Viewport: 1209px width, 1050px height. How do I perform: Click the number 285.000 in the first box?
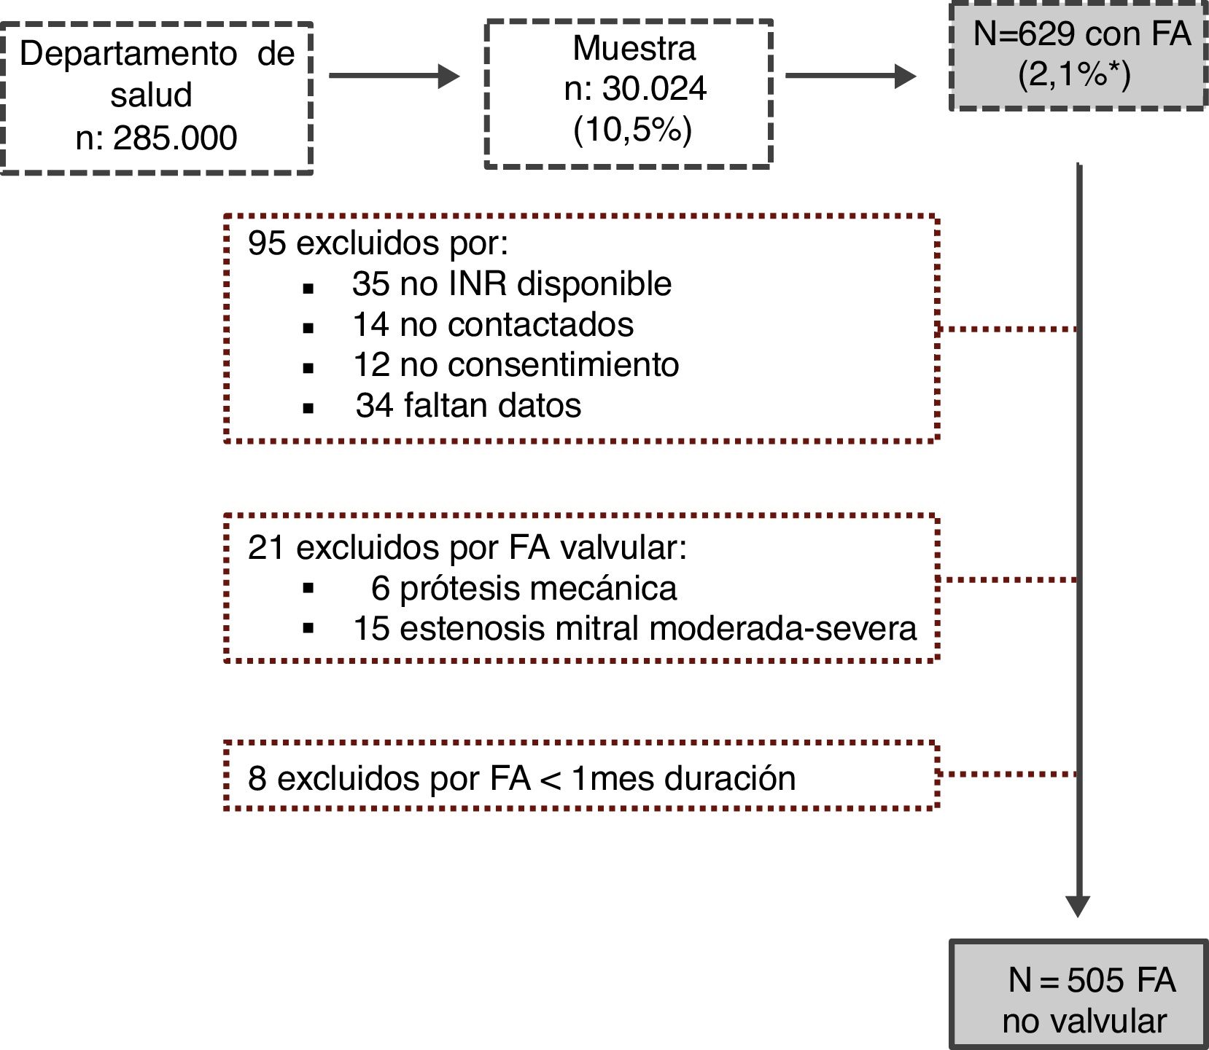(175, 138)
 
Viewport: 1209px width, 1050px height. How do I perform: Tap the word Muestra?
(634, 49)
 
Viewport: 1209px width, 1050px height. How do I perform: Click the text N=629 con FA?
(1081, 34)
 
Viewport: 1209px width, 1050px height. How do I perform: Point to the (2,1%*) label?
(1074, 74)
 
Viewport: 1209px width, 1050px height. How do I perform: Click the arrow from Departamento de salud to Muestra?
(394, 76)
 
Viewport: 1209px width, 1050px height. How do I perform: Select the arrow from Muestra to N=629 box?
(850, 76)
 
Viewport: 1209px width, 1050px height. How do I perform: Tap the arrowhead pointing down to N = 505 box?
(1078, 906)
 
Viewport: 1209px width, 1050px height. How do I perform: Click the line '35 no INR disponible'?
(511, 284)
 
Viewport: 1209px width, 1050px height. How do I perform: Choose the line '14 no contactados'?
(493, 325)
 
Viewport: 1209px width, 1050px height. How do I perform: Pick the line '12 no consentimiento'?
(516, 365)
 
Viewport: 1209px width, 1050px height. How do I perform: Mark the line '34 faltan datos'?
(468, 406)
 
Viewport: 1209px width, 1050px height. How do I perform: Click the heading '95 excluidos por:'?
(378, 243)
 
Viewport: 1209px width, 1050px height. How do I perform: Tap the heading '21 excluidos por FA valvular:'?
(467, 548)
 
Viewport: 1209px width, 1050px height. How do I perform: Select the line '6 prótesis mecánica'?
(524, 589)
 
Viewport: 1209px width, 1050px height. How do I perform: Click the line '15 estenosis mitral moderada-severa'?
(634, 629)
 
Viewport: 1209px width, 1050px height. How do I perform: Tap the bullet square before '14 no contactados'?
(308, 329)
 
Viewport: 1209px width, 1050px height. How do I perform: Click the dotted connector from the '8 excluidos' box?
(1007, 774)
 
